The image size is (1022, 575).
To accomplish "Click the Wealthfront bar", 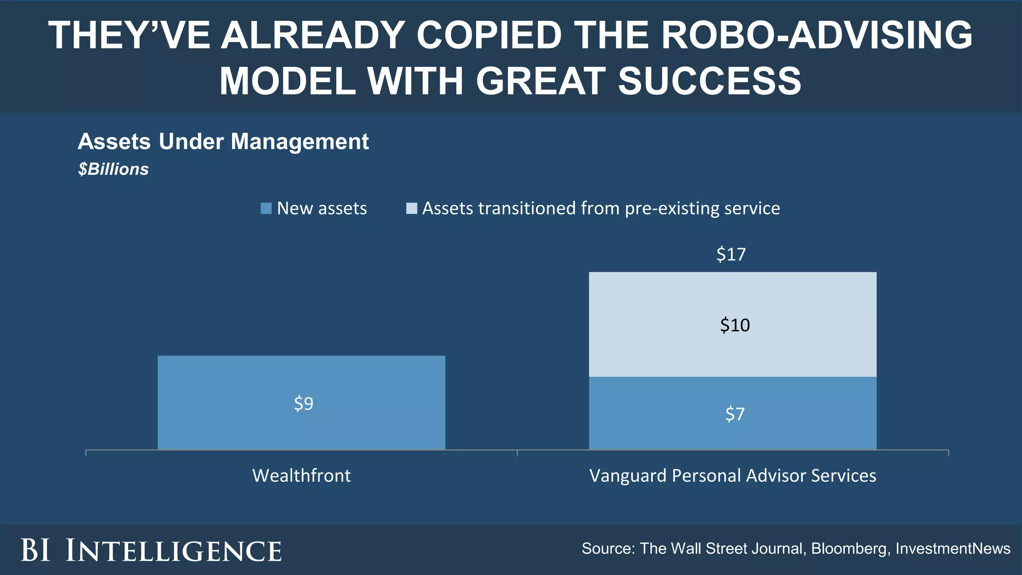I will [301, 379].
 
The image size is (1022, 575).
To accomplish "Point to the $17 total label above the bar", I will [731, 255].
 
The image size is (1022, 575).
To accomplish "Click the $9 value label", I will [303, 403].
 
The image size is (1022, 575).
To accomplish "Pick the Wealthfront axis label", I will [301, 476].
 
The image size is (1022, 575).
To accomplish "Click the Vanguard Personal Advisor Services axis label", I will [733, 476].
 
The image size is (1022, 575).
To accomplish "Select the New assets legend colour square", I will [266, 208].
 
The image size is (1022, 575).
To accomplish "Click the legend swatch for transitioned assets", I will [411, 208].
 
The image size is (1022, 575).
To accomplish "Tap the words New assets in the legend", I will [322, 208].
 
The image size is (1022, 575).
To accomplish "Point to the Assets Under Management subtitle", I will [223, 142].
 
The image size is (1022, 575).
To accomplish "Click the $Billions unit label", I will [113, 169].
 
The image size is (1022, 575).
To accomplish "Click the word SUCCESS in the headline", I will [710, 81].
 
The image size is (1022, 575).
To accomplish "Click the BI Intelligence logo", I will [151, 551].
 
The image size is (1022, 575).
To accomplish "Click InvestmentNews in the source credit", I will [953, 549].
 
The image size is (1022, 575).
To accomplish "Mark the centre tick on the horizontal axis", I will [517, 452].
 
